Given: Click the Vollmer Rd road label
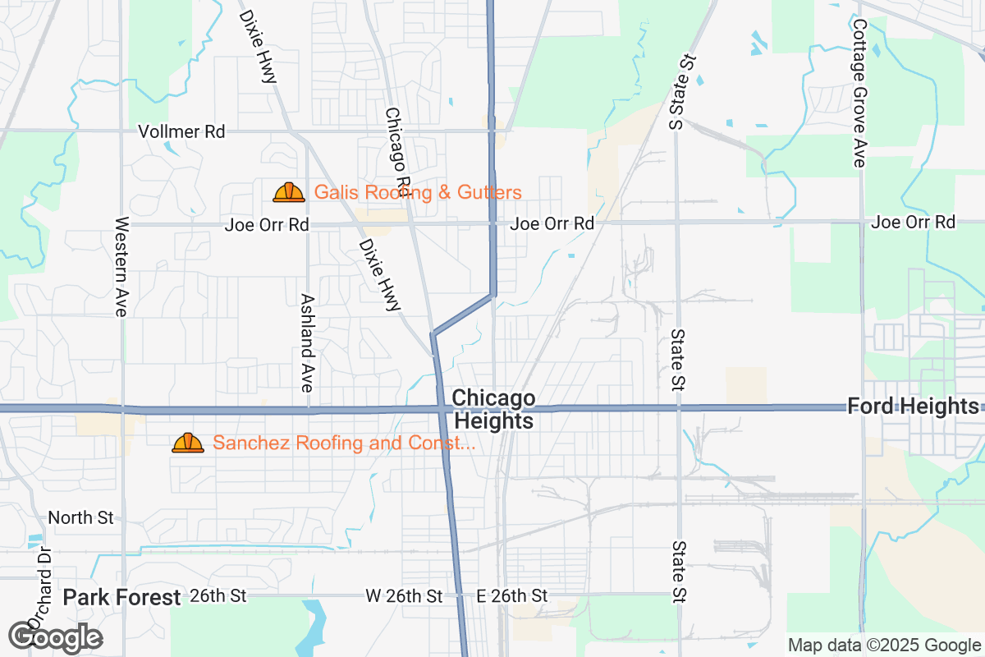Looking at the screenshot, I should click(x=181, y=131).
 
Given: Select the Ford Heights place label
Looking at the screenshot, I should click(x=913, y=406).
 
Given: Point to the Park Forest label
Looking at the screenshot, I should click(x=121, y=597).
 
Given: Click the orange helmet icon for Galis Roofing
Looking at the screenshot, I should click(x=289, y=193).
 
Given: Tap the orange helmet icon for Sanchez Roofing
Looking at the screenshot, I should click(x=188, y=443).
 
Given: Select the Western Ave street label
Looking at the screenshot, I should click(x=122, y=267).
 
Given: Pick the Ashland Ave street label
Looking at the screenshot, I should click(x=308, y=341).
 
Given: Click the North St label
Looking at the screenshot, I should click(x=80, y=517).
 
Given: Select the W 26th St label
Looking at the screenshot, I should click(x=404, y=595).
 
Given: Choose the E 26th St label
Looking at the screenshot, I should click(x=512, y=595).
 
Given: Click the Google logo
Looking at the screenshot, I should click(x=56, y=636).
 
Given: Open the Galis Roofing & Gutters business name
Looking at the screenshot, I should click(x=418, y=193).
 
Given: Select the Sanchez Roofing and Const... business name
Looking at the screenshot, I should click(x=344, y=443).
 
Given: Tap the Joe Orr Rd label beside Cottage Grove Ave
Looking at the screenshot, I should click(x=914, y=222).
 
